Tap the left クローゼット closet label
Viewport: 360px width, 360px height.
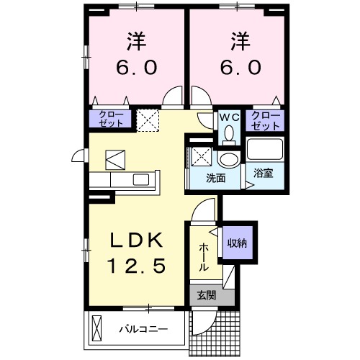111,119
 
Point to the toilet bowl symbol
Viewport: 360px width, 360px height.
229,133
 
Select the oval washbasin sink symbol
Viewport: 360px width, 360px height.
230,159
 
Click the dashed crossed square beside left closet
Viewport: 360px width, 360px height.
148,119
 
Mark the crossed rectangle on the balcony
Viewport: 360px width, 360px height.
97,330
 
